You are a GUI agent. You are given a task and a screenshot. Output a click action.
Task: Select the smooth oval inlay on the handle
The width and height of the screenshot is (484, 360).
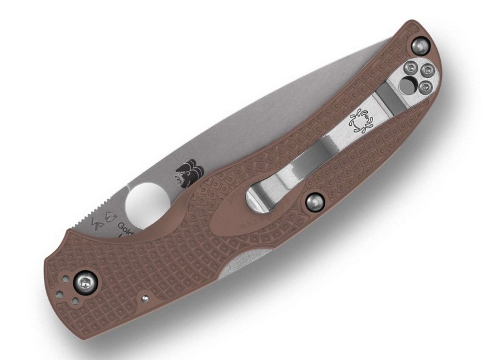coord(225,208)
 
